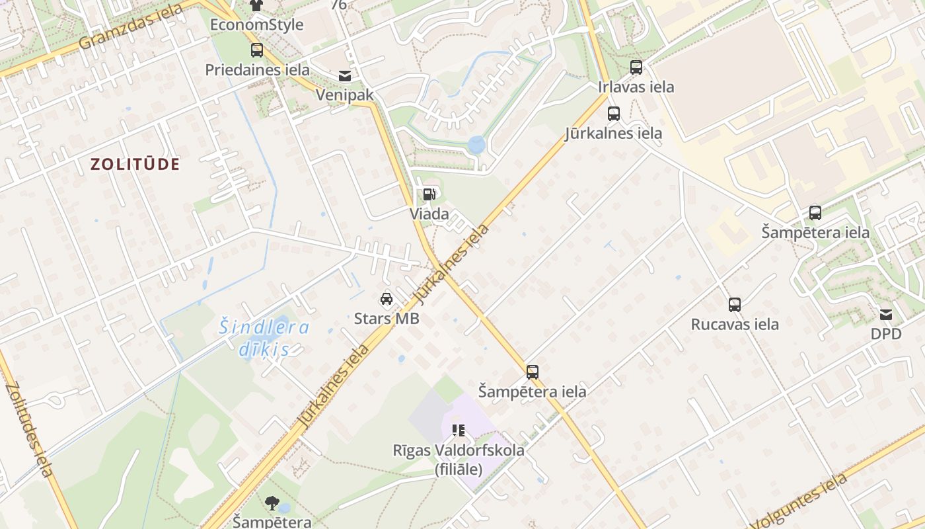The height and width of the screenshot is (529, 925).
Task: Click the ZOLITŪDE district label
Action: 135,165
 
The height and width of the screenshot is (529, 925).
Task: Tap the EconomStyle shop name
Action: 256,25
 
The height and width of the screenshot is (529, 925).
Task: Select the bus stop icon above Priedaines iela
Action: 256,50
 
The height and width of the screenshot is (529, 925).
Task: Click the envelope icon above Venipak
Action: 344,76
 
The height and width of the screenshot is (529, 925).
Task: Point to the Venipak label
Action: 344,95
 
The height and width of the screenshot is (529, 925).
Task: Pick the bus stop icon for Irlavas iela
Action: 636,67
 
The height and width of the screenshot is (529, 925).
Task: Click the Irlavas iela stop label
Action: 636,87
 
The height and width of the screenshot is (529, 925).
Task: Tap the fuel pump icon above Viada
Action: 429,194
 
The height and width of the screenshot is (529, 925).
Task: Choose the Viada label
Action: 429,214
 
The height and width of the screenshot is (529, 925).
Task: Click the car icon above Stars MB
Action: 387,299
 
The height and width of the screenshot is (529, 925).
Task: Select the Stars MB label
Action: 387,318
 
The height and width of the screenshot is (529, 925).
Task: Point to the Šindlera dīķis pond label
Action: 264,337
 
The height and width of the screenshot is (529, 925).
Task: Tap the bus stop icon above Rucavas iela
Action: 734,305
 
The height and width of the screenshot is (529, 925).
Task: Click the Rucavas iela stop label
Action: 734,324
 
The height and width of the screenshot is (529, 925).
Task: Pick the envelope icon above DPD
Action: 885,315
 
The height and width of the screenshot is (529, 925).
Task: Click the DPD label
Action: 885,334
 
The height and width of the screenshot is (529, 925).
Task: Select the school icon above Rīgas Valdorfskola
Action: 459,430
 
